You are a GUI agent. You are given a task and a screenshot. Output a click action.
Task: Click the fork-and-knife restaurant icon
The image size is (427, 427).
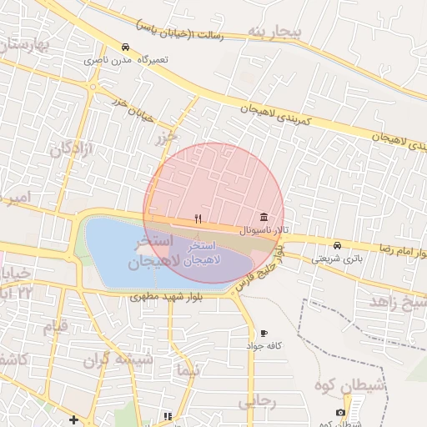[x=198, y=219]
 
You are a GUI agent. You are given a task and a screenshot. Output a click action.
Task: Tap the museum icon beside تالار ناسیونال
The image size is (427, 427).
[x=264, y=217]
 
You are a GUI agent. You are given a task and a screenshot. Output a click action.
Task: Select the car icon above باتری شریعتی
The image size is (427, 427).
[x=337, y=245]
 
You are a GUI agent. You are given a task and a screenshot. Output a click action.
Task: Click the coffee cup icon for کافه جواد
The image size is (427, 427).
[x=264, y=334]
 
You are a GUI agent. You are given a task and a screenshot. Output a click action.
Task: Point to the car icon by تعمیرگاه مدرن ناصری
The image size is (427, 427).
[x=125, y=47]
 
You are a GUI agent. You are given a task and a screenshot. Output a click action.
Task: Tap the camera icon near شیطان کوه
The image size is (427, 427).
[x=340, y=413]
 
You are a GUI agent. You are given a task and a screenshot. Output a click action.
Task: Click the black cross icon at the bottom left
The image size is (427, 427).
[x=74, y=419]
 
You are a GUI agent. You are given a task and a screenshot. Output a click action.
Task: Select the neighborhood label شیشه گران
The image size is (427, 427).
[x=118, y=360]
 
